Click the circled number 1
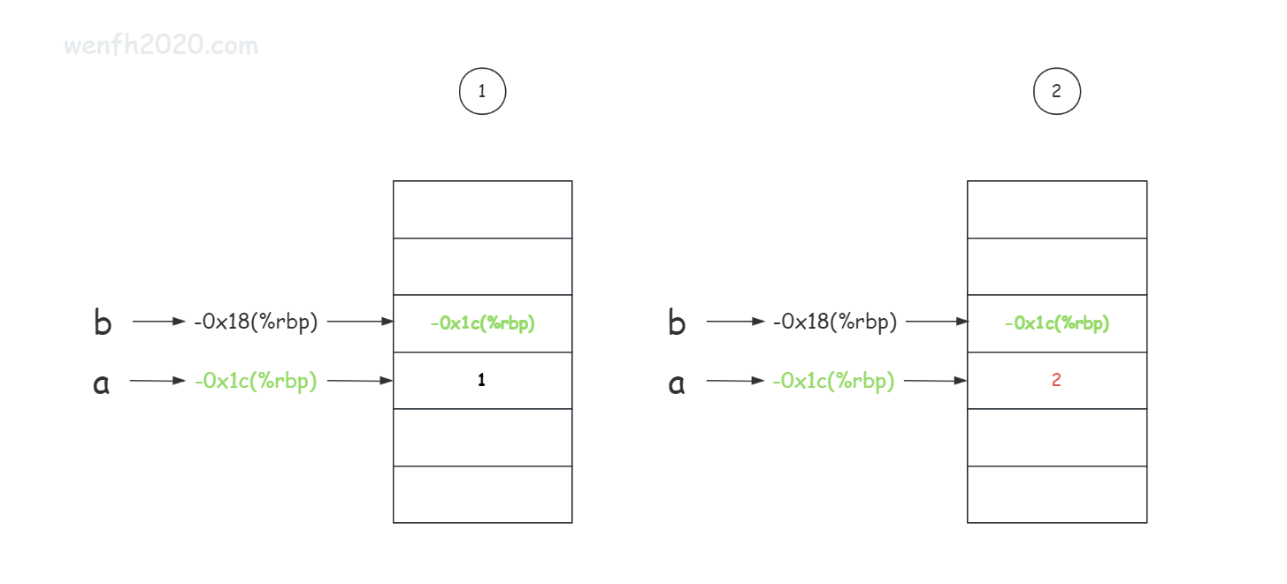482,91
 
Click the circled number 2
1057,91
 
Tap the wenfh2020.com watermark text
161,45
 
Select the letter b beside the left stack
103,322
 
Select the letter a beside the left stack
101,383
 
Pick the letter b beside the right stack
677,322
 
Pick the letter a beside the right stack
677,383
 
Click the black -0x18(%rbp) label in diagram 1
256,322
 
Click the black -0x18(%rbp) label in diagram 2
835,322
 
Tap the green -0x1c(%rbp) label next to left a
256,380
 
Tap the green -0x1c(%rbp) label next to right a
833,380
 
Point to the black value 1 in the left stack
481,380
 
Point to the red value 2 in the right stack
1056,380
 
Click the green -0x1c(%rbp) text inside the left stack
483,323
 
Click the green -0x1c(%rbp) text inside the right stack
1057,323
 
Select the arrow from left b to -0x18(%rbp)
158,322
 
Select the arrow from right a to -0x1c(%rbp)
735,380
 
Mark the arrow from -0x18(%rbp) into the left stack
360,322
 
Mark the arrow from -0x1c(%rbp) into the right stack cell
935,380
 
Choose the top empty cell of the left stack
483,209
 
